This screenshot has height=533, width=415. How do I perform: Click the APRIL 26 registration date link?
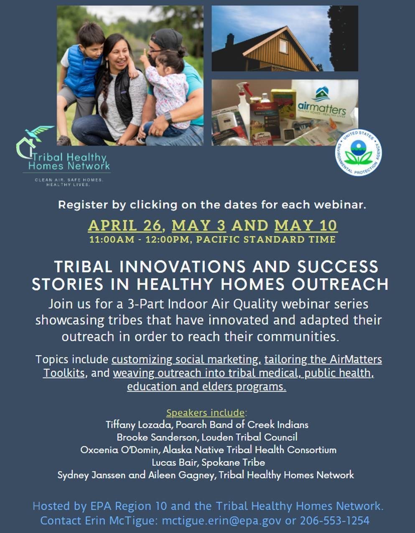pyautogui.click(x=125, y=225)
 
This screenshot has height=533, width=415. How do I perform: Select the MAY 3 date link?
pyautogui.click(x=199, y=225)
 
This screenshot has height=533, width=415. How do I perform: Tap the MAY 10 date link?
pyautogui.click(x=306, y=225)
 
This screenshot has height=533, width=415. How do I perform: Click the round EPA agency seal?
pyautogui.click(x=358, y=153)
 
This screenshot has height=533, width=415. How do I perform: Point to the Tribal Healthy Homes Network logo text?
pyautogui.click(x=69, y=162)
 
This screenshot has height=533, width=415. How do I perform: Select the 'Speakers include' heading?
pyautogui.click(x=205, y=413)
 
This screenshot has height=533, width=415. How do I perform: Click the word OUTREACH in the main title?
pyautogui.click(x=340, y=284)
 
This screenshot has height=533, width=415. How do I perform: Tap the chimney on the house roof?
pyautogui.click(x=229, y=41)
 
